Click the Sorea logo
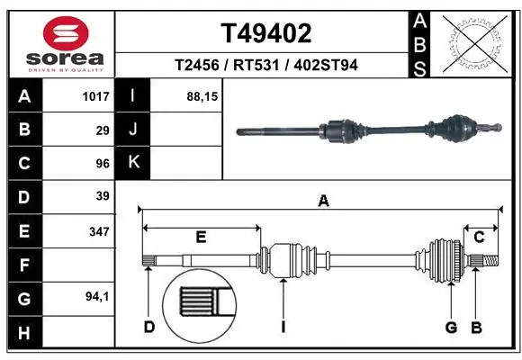click(58, 42)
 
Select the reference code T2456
click(201, 67)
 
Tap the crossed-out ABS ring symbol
click(476, 41)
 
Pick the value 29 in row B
click(102, 130)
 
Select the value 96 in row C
click(102, 164)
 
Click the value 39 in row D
click(102, 196)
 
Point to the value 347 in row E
click(98, 231)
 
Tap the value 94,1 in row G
click(96, 296)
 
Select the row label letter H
click(23, 334)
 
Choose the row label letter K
click(133, 163)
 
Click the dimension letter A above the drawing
click(323, 202)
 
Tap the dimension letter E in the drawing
click(201, 237)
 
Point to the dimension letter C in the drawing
click(480, 237)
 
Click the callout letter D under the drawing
click(149, 327)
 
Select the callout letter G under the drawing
click(451, 327)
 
